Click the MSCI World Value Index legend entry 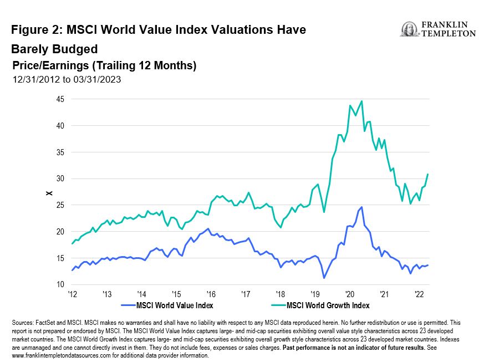click(166, 305)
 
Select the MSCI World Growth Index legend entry click(327, 305)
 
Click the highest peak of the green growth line click(361, 101)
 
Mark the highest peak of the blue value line click(361, 207)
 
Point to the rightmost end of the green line click(428, 175)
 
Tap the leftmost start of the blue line click(72, 270)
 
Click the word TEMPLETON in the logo click(448, 33)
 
